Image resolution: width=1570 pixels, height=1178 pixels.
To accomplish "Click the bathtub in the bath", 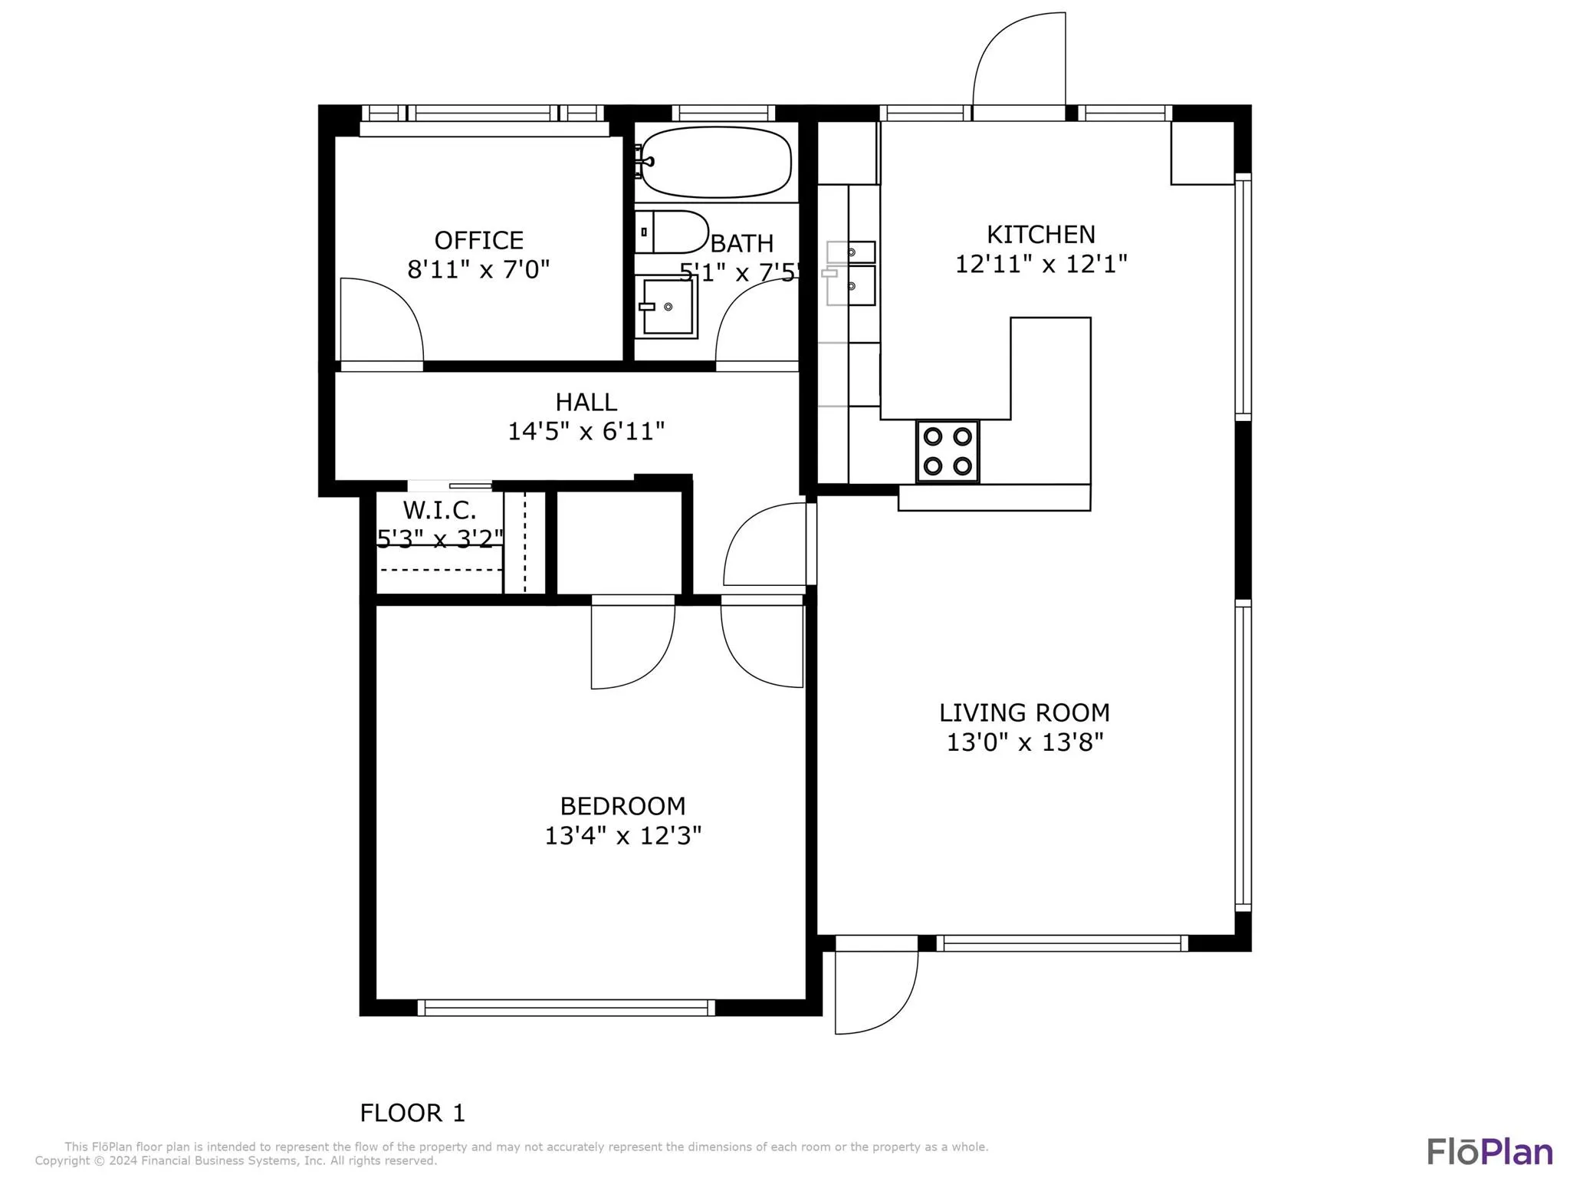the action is pyautogui.click(x=716, y=162).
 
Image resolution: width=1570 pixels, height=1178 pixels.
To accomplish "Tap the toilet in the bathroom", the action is pyautogui.click(x=672, y=232).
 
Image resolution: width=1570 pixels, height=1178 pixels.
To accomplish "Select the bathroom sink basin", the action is pyautogui.click(x=668, y=307).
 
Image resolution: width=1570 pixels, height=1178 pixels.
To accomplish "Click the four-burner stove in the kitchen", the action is pyautogui.click(x=948, y=451).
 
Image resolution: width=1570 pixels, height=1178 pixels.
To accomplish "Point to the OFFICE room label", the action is pyautogui.click(x=479, y=240).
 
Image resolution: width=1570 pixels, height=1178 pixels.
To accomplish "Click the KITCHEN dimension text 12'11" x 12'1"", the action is pyautogui.click(x=1041, y=264).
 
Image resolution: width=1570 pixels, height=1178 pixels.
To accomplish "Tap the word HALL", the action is pyautogui.click(x=586, y=402).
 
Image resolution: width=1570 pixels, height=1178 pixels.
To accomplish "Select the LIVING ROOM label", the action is pyautogui.click(x=1024, y=712).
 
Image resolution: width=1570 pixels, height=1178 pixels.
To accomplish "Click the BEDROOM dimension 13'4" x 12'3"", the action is pyautogui.click(x=623, y=835).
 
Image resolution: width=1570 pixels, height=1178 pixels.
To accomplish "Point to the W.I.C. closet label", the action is pyautogui.click(x=440, y=510).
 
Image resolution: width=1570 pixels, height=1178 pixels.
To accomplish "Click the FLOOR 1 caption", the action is pyautogui.click(x=412, y=1113).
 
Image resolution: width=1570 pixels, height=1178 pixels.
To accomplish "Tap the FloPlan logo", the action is pyautogui.click(x=1490, y=1151).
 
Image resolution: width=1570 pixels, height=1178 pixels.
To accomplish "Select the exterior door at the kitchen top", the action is pyautogui.click(x=1020, y=66).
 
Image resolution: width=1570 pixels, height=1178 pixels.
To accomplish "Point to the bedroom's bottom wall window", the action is pyautogui.click(x=567, y=1008).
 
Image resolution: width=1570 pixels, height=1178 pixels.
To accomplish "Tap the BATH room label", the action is pyautogui.click(x=742, y=243).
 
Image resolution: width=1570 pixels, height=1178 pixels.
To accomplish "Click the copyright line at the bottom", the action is pyautogui.click(x=236, y=1161).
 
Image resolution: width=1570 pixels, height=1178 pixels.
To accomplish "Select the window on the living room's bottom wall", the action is pyautogui.click(x=1063, y=943).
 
